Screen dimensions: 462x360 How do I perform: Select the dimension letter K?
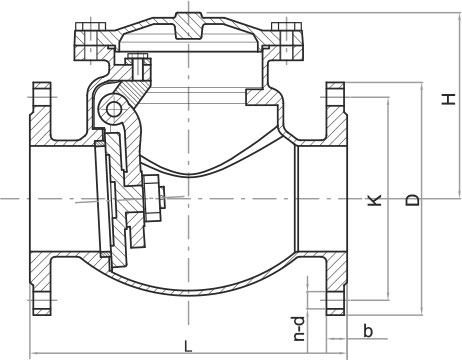pyautogui.click(x=374, y=200)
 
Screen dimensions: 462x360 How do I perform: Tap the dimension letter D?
pyautogui.click(x=412, y=199)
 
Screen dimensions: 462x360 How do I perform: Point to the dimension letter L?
pyautogui.click(x=188, y=346)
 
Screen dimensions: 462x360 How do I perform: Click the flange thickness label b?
pyautogui.click(x=368, y=331)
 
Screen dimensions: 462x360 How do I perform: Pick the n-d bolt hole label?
pyautogui.click(x=300, y=328)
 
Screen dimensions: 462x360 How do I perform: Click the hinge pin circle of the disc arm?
pyautogui.click(x=114, y=109)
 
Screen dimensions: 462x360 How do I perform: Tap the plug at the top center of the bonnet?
pyautogui.click(x=189, y=25)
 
